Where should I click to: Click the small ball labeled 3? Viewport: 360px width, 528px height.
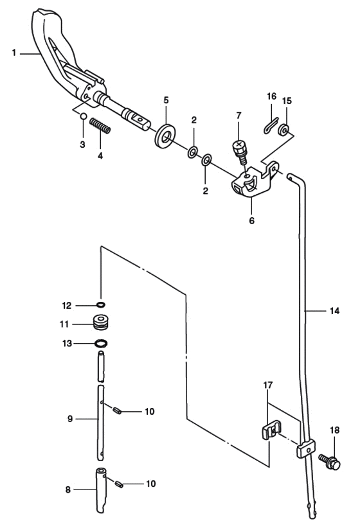(83, 116)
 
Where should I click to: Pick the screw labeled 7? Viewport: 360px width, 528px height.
(240, 152)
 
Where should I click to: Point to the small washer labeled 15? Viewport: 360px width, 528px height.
(283, 130)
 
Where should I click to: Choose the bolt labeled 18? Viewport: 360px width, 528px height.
(330, 462)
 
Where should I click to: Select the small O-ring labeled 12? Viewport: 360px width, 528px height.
(101, 305)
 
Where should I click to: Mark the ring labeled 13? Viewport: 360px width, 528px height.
(101, 344)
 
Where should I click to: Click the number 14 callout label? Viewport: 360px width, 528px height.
(334, 311)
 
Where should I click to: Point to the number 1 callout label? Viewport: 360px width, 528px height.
(14, 53)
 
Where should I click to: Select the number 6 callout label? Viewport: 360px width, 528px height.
(252, 221)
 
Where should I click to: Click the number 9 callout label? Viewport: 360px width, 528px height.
(70, 419)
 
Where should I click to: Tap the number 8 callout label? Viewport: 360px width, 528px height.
(68, 489)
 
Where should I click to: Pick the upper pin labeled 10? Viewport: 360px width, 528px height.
(117, 410)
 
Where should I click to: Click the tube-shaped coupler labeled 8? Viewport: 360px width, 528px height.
(100, 490)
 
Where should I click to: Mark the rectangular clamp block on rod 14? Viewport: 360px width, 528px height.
(306, 448)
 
